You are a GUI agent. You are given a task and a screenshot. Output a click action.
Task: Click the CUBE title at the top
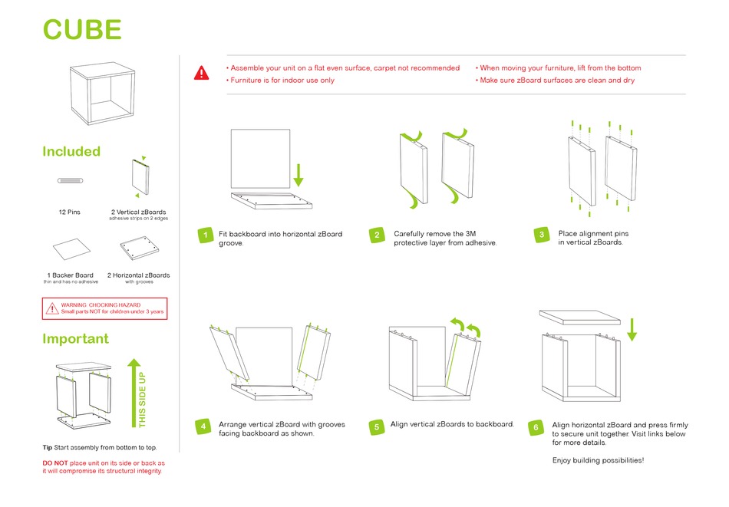pyautogui.click(x=82, y=29)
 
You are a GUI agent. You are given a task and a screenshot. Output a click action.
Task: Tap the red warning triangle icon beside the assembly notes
pyautogui.click(x=201, y=74)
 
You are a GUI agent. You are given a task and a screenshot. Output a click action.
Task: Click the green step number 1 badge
pyautogui.click(x=204, y=235)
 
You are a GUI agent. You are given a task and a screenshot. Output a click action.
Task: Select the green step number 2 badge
pyautogui.click(x=377, y=235)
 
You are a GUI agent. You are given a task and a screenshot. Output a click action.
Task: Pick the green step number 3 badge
pyautogui.click(x=542, y=235)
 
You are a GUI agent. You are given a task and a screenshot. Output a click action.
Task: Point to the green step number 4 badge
pyautogui.click(x=203, y=426)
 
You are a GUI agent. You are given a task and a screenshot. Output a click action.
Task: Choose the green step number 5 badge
pyautogui.click(x=377, y=426)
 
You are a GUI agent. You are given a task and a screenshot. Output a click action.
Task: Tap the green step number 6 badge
pyautogui.click(x=537, y=426)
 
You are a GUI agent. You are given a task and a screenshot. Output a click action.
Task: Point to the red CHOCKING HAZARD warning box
pyautogui.click(x=104, y=308)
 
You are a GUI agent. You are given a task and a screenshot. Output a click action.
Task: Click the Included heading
pyautogui.click(x=71, y=151)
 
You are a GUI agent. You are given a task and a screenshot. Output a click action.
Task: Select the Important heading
pyautogui.click(x=75, y=338)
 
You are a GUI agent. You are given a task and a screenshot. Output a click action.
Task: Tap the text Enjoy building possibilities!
pyautogui.click(x=598, y=460)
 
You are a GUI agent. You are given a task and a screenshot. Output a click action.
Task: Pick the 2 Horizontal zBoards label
pyautogui.click(x=139, y=275)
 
